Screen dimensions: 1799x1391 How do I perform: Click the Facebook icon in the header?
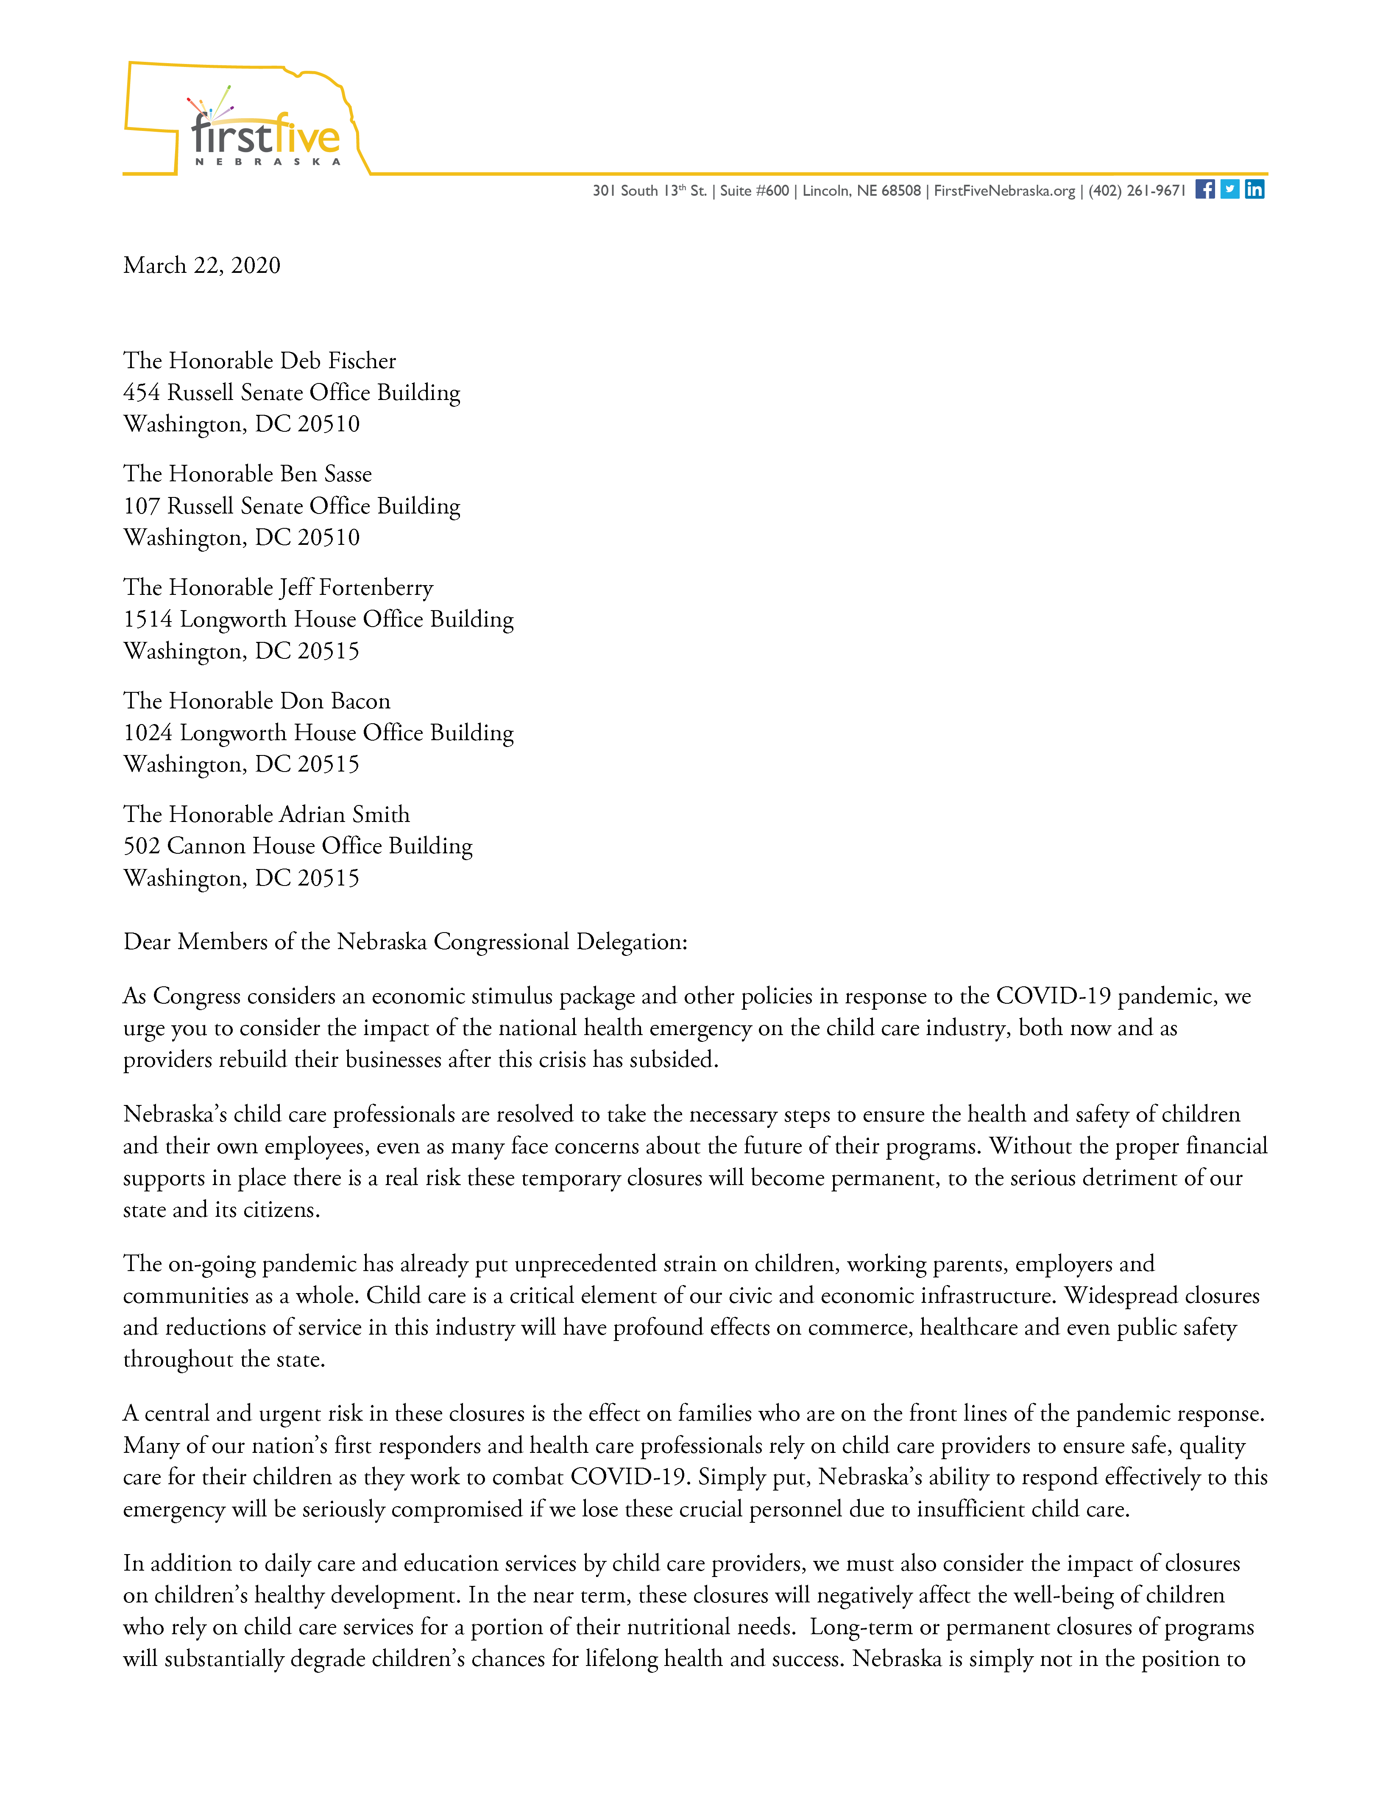(x=1205, y=189)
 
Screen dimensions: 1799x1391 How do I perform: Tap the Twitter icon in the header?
(x=1229, y=189)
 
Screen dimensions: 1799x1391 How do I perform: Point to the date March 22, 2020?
(x=202, y=265)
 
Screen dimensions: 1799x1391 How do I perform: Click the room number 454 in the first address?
(x=142, y=393)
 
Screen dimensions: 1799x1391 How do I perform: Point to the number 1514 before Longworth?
(x=148, y=619)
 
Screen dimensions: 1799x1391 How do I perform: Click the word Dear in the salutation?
(x=147, y=941)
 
